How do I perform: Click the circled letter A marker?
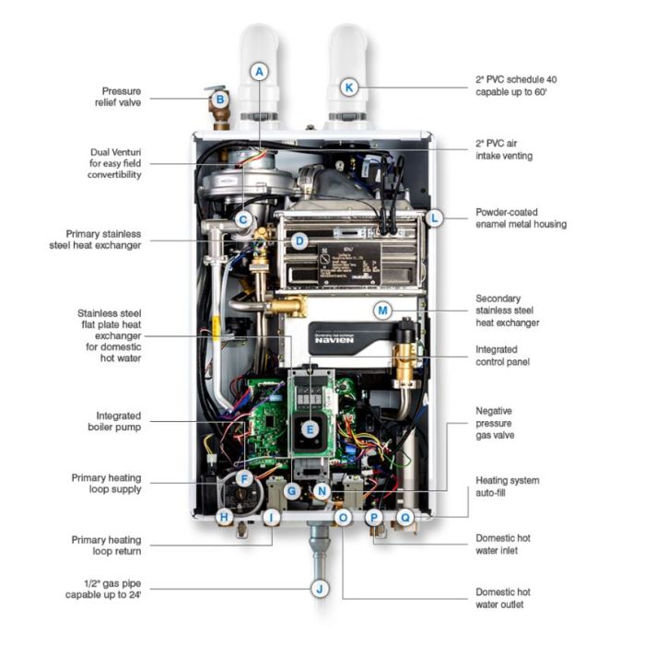[260, 71]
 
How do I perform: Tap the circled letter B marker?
[220, 99]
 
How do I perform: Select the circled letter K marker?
[348, 87]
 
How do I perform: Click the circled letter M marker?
[382, 311]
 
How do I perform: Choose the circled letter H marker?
[223, 518]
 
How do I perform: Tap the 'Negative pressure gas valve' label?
[501, 422]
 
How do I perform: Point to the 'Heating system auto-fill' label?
[508, 487]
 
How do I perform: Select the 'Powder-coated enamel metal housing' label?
[521, 217]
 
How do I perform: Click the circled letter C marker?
[243, 219]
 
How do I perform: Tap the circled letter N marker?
[321, 491]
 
